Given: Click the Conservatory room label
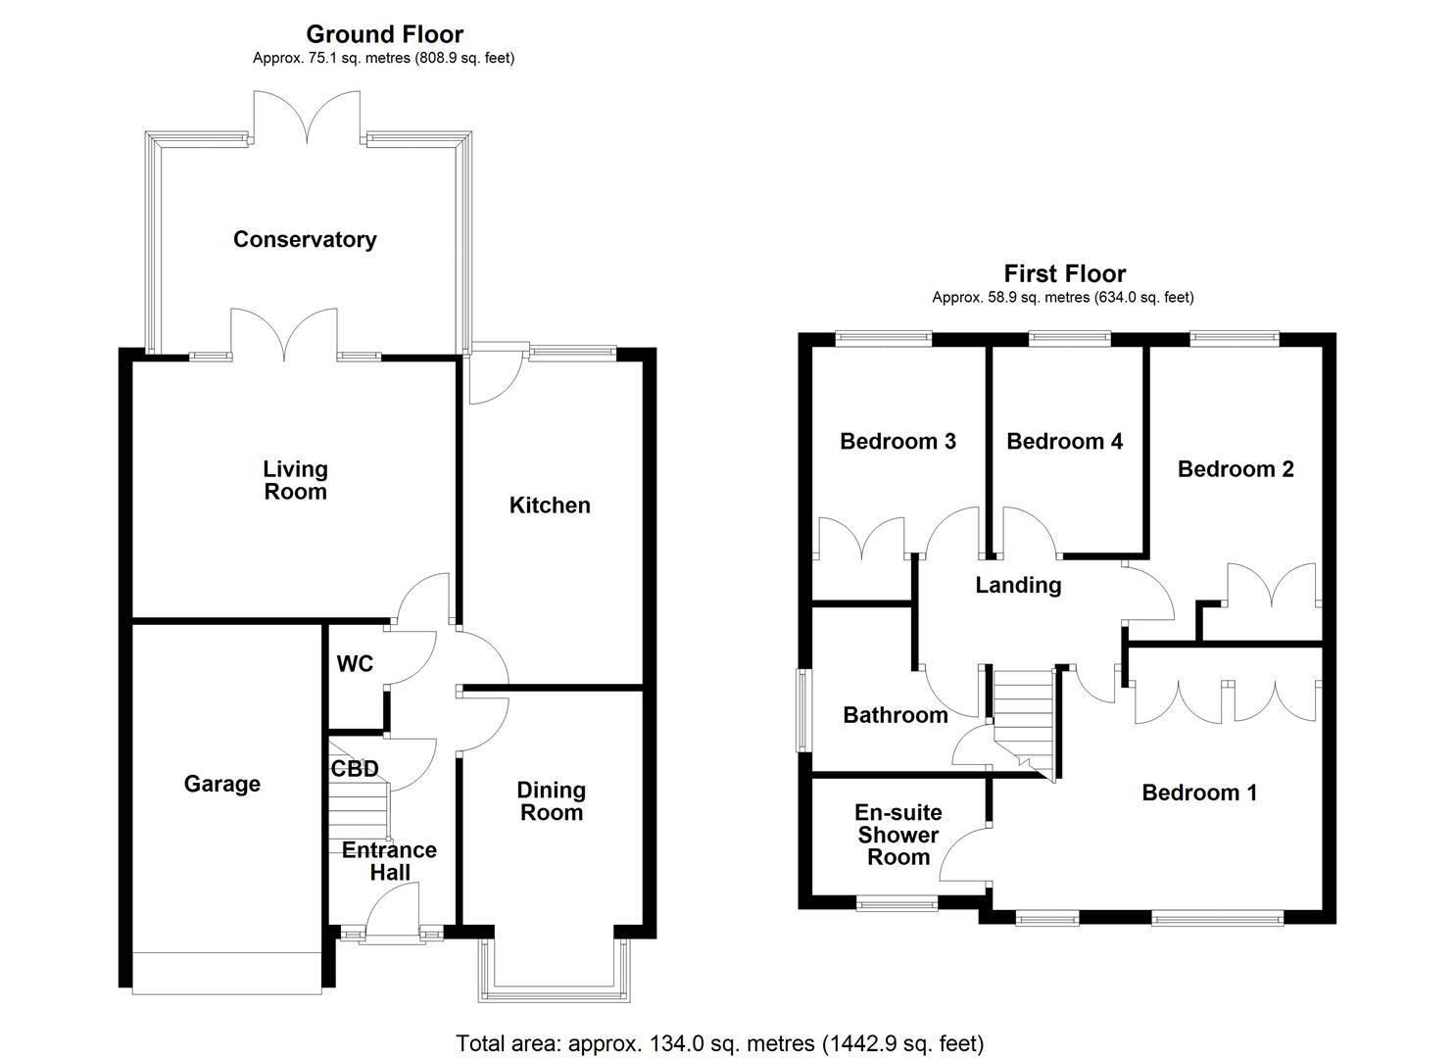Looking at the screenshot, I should pyautogui.click(x=305, y=240).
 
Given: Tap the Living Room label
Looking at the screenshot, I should pyautogui.click(x=295, y=481).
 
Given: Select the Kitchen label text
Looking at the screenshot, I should pyautogui.click(x=550, y=505).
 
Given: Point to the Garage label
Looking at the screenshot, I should pyautogui.click(x=222, y=784).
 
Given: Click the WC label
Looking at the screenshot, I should pyautogui.click(x=355, y=664).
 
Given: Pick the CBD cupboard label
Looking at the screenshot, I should pyautogui.click(x=354, y=769).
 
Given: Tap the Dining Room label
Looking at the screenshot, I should pyautogui.click(x=552, y=801).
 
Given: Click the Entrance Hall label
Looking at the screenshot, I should pyautogui.click(x=389, y=861).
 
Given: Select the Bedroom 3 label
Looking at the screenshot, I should pyautogui.click(x=897, y=442).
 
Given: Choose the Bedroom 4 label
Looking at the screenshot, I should pyautogui.click(x=1064, y=442).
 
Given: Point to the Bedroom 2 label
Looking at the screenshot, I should pyautogui.click(x=1236, y=469).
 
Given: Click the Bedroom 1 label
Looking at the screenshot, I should pyautogui.click(x=1199, y=793).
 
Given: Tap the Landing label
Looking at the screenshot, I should pyautogui.click(x=1018, y=586).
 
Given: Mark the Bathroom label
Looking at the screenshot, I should pyautogui.click(x=896, y=715).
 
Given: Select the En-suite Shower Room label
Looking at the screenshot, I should pyautogui.click(x=898, y=835).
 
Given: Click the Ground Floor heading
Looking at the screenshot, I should pyautogui.click(x=384, y=35).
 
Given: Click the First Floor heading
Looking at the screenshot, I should pyautogui.click(x=1065, y=274).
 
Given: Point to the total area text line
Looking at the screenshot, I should pyautogui.click(x=719, y=1043).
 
